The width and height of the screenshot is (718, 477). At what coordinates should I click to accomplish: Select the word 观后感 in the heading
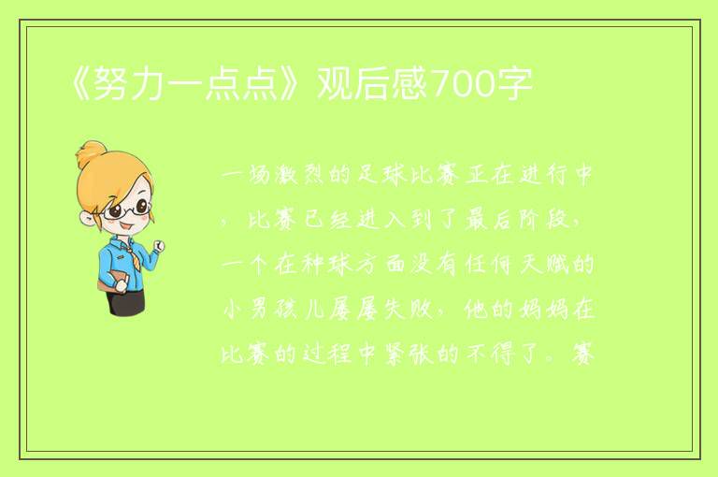click(x=372, y=84)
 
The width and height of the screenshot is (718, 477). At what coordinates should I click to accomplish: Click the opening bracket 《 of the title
click(x=79, y=84)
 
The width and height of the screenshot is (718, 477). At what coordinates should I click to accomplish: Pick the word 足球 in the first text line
click(x=381, y=175)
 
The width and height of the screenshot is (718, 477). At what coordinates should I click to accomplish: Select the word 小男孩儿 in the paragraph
click(x=276, y=311)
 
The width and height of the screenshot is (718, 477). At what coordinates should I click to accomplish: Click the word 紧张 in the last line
click(x=408, y=354)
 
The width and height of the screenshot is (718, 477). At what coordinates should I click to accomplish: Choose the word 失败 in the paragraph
click(x=408, y=311)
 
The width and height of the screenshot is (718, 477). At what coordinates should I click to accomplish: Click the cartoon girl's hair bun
click(x=92, y=155)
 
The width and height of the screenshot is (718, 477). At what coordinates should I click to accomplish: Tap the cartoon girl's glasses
click(x=127, y=210)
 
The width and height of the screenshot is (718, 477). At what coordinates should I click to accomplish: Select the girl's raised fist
click(x=159, y=247)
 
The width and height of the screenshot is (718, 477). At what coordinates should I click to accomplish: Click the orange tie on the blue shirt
click(x=135, y=259)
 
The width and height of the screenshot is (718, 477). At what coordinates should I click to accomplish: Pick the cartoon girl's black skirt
click(x=125, y=303)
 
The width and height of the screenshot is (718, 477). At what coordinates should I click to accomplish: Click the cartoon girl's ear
click(x=87, y=218)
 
